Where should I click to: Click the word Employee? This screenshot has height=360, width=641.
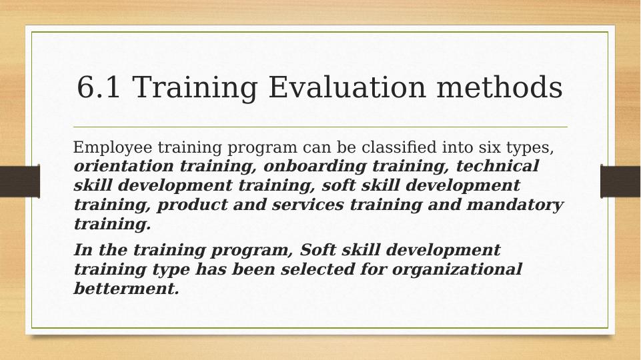107,147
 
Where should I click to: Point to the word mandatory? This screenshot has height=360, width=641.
515,205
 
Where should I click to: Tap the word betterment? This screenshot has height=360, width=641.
126,289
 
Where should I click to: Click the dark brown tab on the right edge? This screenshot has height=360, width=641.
620,181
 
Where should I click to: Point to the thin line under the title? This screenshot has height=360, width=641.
320,127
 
